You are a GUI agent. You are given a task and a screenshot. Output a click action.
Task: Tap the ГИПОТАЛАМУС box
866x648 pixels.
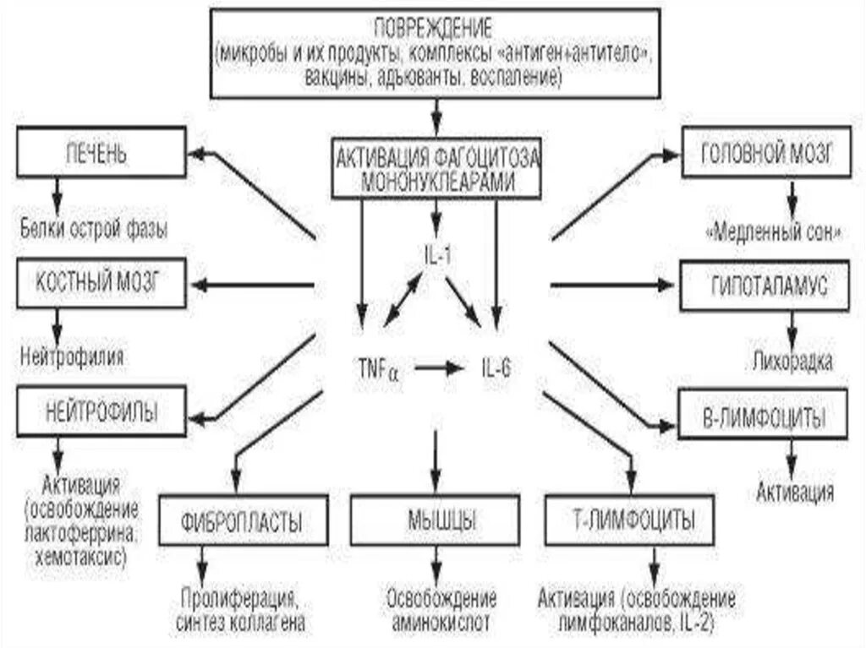click(765, 286)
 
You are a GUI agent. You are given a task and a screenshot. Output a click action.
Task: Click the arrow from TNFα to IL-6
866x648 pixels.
click(436, 368)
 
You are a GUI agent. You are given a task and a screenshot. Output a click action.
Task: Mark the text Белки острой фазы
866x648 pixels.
click(93, 228)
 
